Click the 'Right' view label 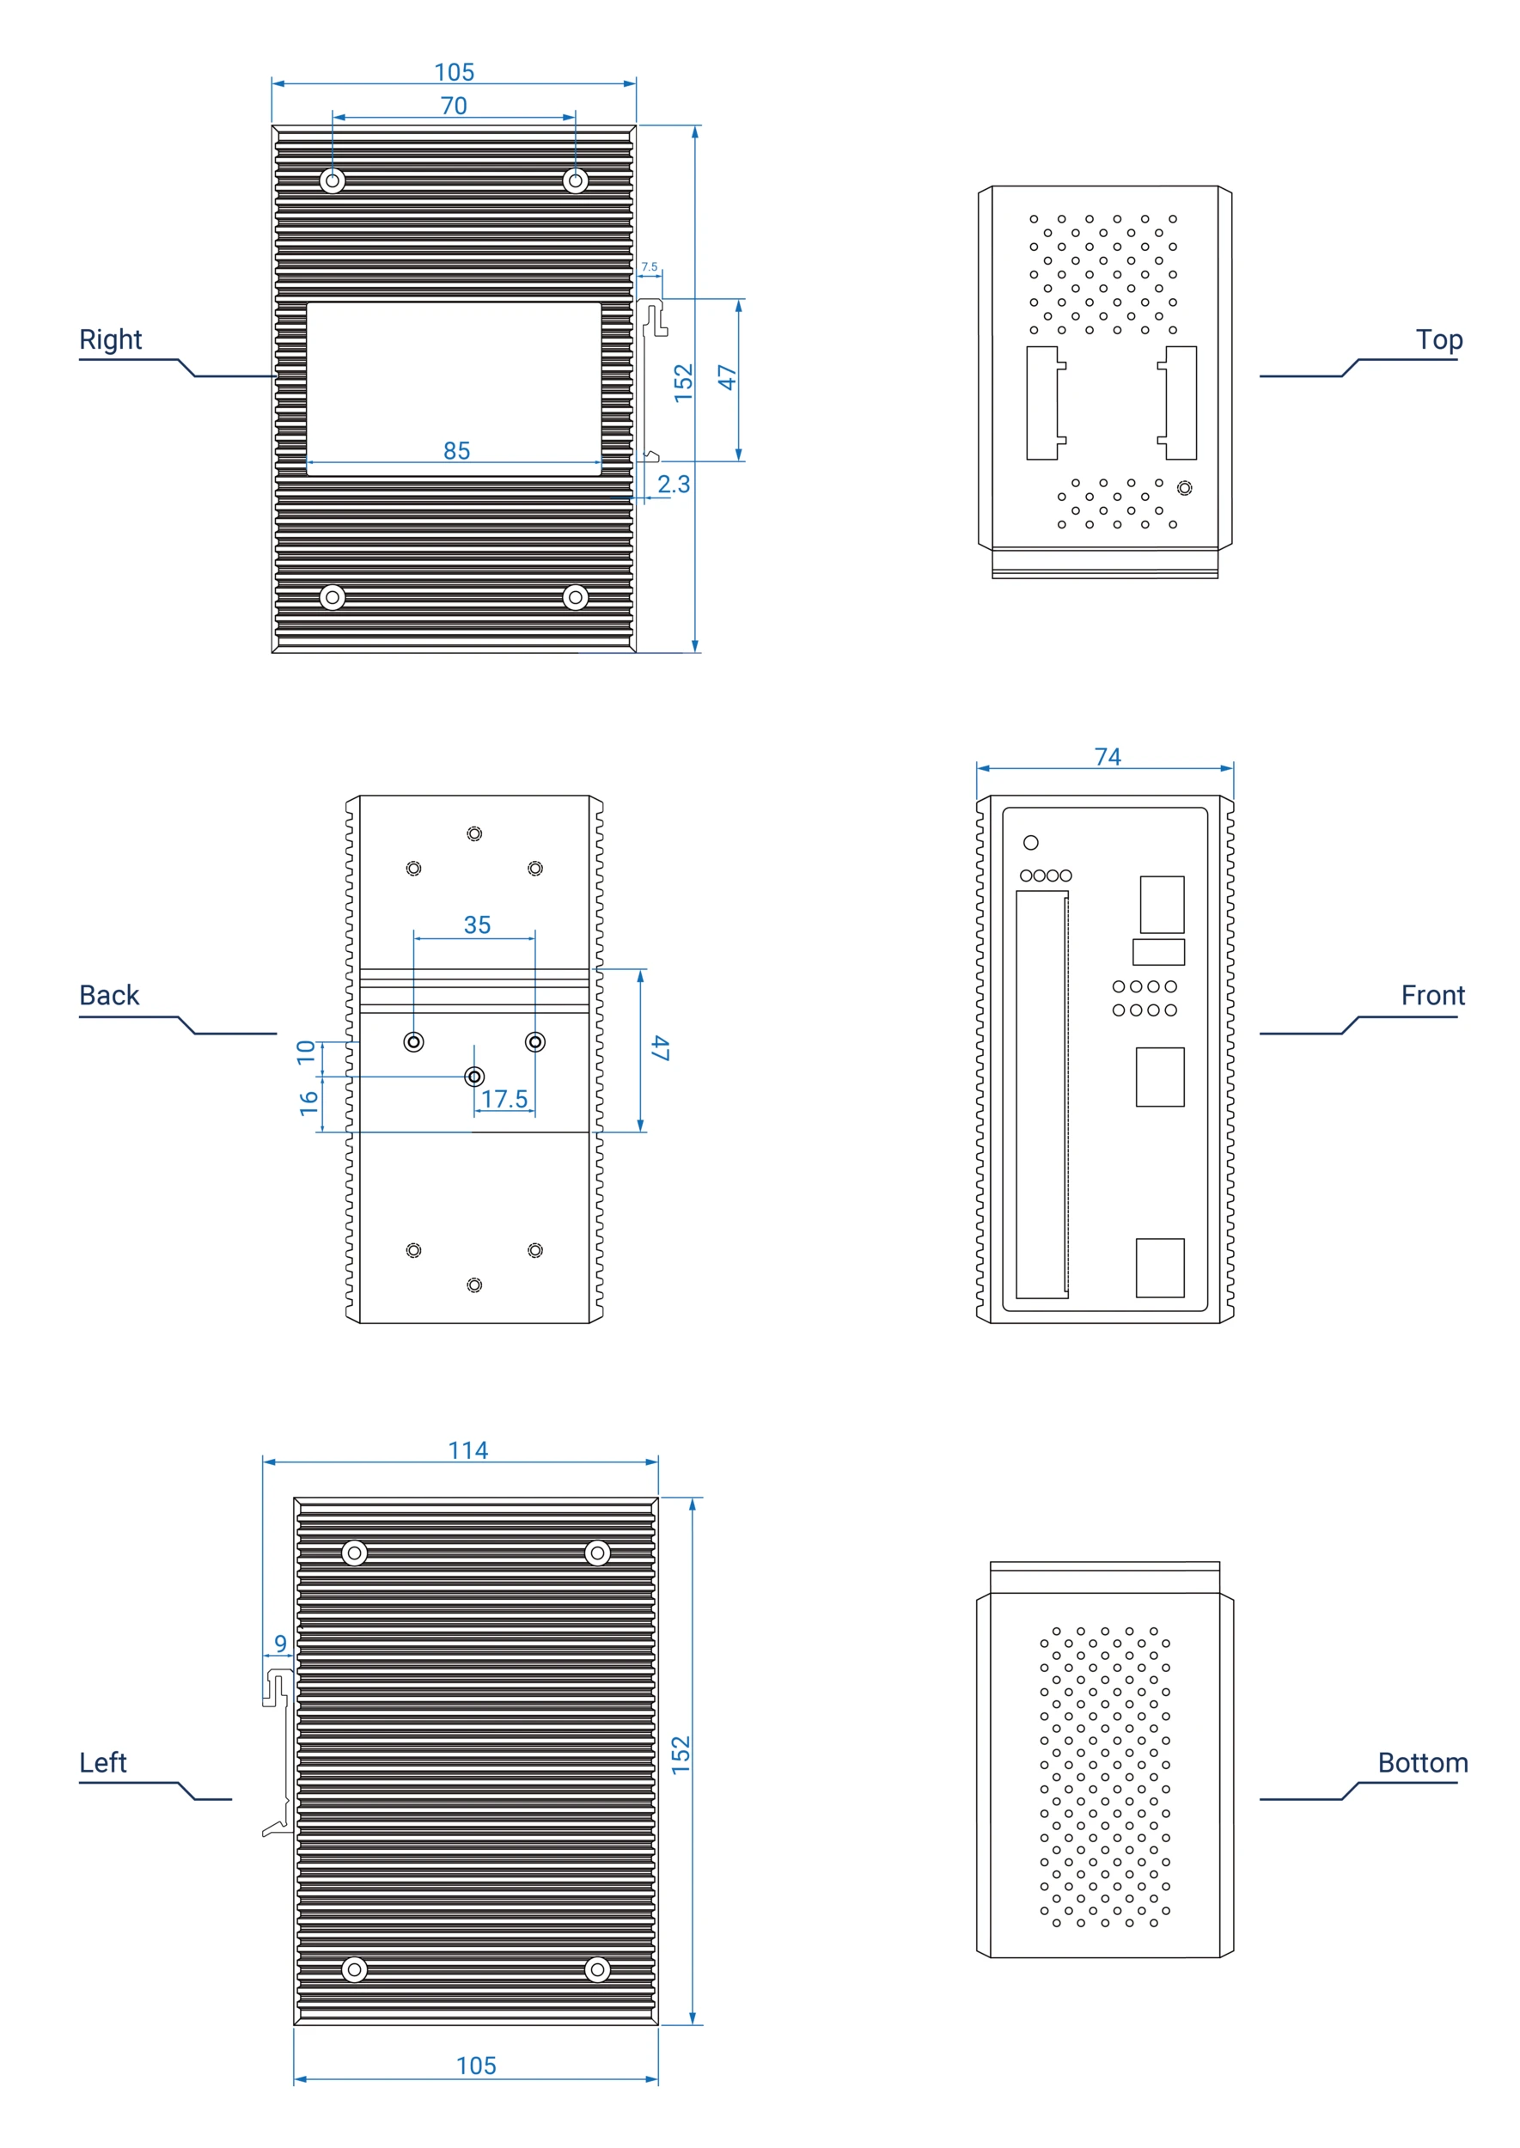point(111,339)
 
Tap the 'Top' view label point(1438,339)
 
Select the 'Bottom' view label point(1422,1762)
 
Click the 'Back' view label point(108,995)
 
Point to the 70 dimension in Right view point(454,106)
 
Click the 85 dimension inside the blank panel point(457,450)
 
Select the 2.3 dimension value point(673,484)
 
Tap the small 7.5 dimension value point(649,266)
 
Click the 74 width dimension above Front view point(1108,756)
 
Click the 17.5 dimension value point(504,1099)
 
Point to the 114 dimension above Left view point(468,1449)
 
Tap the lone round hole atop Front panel point(1030,842)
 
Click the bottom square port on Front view point(1160,1267)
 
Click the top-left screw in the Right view point(333,180)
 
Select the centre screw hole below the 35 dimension point(474,1077)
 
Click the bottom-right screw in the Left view point(597,1969)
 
